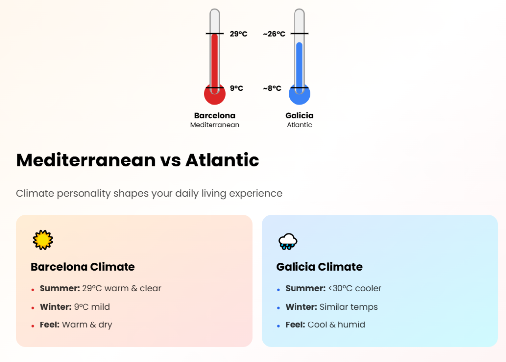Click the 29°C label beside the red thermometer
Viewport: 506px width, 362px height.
point(238,34)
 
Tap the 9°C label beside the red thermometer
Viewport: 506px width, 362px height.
point(236,88)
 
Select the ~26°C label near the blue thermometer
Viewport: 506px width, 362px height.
point(274,34)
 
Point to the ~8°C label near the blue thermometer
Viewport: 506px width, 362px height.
point(272,88)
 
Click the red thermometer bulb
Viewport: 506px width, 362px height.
point(214,94)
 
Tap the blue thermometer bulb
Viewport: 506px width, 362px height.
point(299,94)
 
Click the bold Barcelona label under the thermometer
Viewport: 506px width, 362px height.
point(214,115)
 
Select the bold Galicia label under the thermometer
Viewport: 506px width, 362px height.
point(299,115)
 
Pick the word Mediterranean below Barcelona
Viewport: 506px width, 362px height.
point(214,125)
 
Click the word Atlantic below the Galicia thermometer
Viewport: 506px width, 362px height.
point(299,125)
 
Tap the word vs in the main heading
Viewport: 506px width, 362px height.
point(170,161)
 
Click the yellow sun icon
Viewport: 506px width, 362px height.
point(43,240)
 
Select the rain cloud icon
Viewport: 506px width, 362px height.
point(288,241)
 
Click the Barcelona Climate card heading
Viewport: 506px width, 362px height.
point(83,267)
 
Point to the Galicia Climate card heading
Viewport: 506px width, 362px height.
point(320,267)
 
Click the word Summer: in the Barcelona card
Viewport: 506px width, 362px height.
point(60,288)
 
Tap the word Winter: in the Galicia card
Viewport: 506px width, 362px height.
point(301,307)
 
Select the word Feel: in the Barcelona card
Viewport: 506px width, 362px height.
point(50,325)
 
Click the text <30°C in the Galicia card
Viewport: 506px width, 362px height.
point(340,288)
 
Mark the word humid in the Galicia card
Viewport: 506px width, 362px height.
point(351,325)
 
